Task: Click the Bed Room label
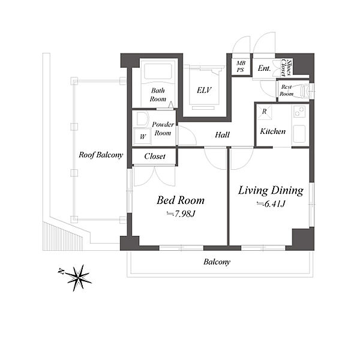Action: click(x=181, y=200)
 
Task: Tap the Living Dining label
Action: click(x=271, y=191)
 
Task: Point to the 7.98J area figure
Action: click(x=181, y=214)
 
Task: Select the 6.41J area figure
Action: click(x=271, y=203)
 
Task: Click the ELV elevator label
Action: click(x=204, y=90)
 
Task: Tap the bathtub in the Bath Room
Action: click(x=158, y=71)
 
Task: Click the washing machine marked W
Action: click(x=142, y=137)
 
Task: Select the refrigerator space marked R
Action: click(x=264, y=112)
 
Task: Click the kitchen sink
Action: click(x=299, y=134)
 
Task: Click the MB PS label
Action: click(x=241, y=67)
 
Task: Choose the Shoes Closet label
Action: click(x=287, y=68)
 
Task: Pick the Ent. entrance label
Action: click(x=264, y=68)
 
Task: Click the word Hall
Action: click(x=222, y=135)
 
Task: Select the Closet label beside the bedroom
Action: click(x=155, y=157)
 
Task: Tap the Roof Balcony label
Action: click(x=101, y=155)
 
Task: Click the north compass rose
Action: click(x=79, y=278)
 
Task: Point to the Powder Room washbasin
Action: click(x=140, y=118)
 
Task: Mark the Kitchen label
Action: click(x=273, y=131)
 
